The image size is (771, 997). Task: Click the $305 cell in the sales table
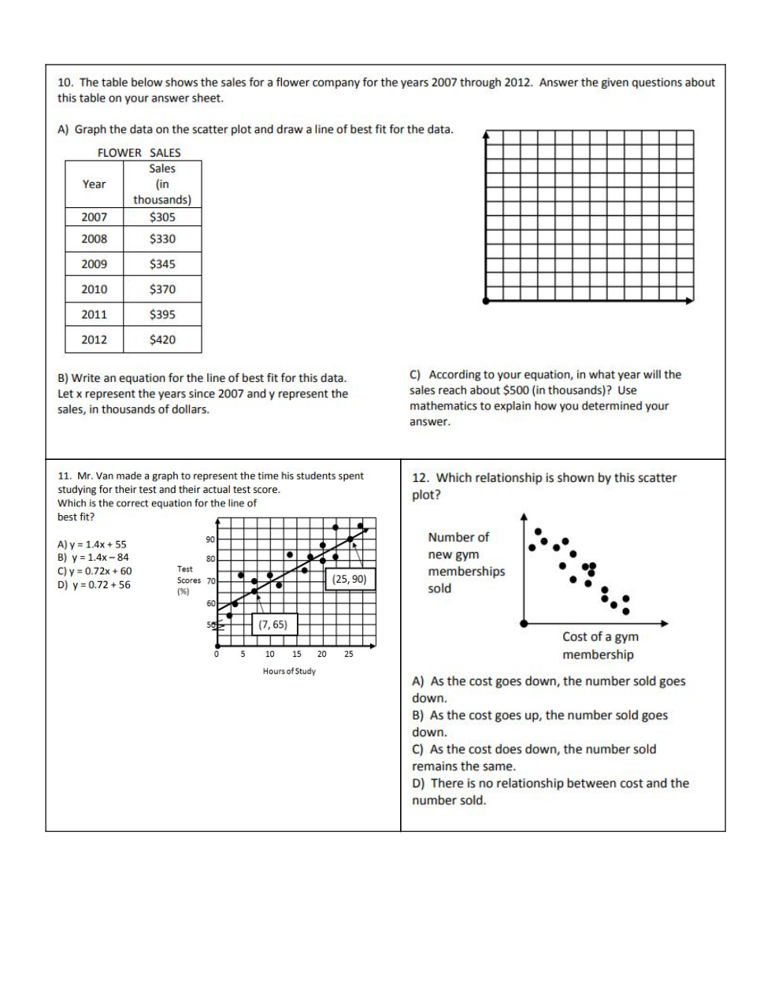click(162, 217)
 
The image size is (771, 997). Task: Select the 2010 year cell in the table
click(95, 289)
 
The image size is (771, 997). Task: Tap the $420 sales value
click(162, 339)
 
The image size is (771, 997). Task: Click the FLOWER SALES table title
click(139, 153)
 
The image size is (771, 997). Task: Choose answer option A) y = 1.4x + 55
click(91, 544)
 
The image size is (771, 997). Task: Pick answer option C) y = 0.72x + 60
click(95, 571)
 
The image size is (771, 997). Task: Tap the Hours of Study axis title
click(289, 671)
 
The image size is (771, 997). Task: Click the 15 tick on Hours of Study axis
click(297, 654)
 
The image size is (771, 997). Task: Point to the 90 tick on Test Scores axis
click(210, 539)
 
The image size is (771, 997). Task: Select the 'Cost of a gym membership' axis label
click(599, 646)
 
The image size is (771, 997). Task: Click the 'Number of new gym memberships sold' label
click(465, 562)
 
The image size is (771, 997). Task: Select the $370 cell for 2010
click(162, 289)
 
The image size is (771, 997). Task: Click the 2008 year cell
click(95, 239)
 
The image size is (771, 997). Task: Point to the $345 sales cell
click(162, 264)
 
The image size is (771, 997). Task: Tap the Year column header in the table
click(94, 184)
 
